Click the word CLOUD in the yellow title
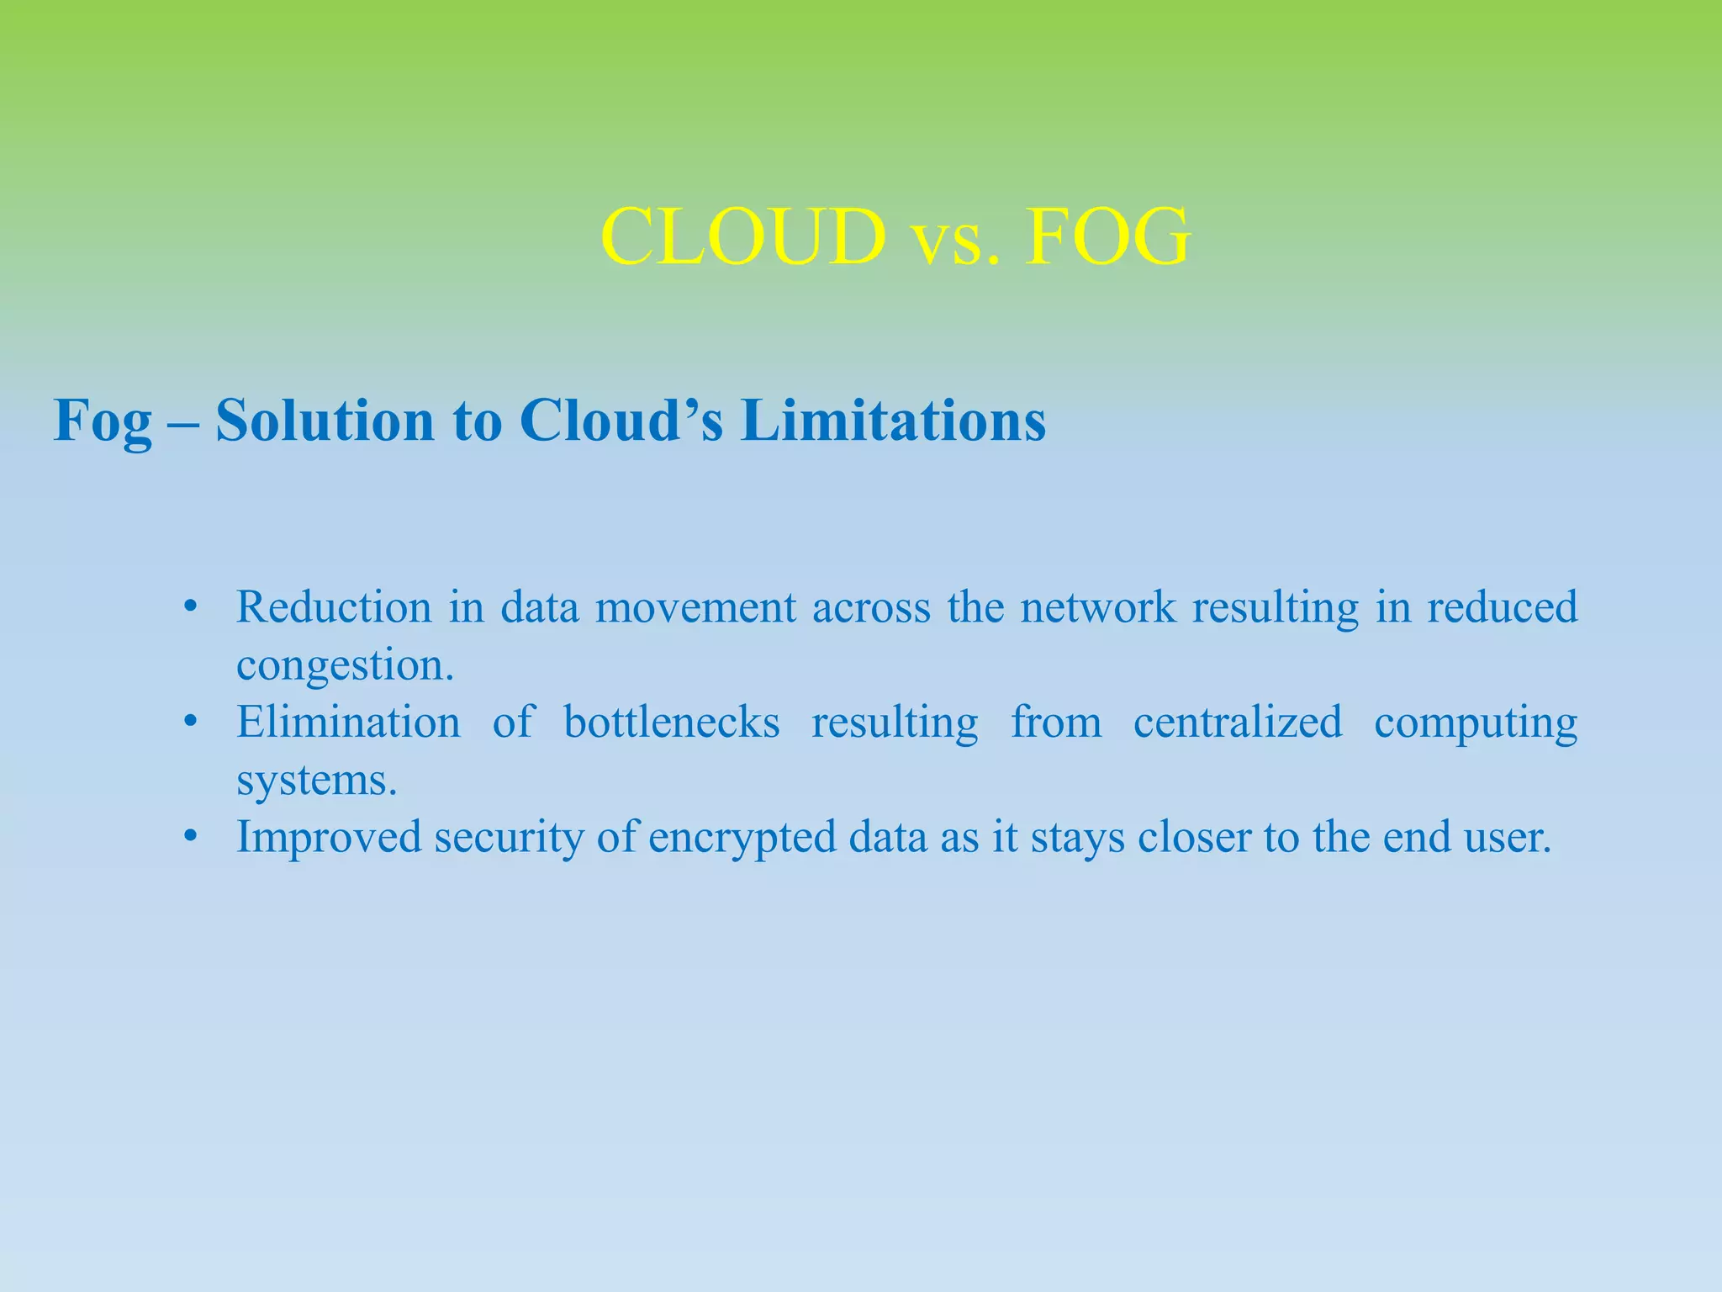pos(743,238)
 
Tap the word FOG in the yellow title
pos(1107,238)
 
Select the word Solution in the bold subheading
pos(325,420)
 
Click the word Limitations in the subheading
pos(893,420)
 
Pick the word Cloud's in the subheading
pos(621,420)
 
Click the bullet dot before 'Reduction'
pos(191,607)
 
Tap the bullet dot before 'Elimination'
pos(191,723)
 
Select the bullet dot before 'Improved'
pos(191,838)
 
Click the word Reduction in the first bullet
pos(334,607)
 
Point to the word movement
pos(695,607)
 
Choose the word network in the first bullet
pos(1098,607)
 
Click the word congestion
pos(345,666)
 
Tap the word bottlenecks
pos(672,723)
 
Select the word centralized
pos(1238,723)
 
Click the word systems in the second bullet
pos(316,781)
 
